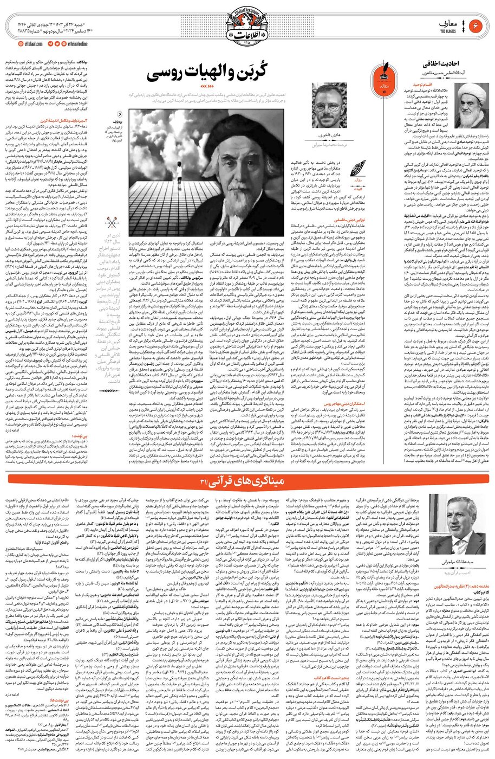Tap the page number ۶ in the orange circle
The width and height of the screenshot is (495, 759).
[477, 26]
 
